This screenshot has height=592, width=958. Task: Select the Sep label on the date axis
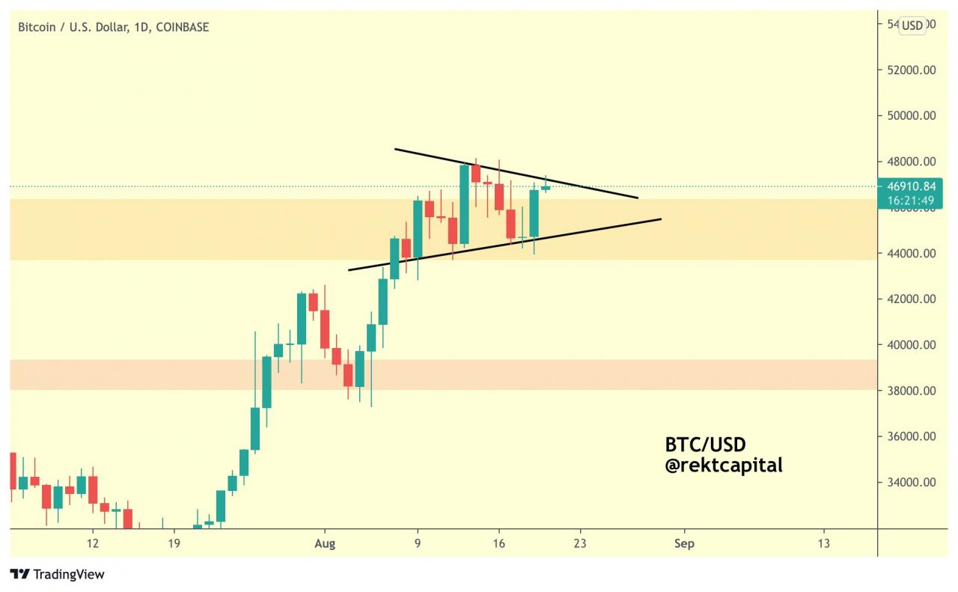click(684, 543)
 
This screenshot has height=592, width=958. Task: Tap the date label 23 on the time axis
click(579, 543)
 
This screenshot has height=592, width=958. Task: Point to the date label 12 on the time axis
click(93, 543)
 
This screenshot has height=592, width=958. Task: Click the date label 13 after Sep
click(823, 543)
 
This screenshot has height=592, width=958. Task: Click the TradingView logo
click(58, 575)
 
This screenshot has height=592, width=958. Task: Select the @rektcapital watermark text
click(723, 465)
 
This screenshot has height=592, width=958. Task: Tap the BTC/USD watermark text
click(705, 445)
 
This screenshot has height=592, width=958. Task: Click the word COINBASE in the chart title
click(183, 28)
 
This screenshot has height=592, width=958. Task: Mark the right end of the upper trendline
click(638, 198)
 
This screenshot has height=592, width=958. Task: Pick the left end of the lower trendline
click(349, 270)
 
